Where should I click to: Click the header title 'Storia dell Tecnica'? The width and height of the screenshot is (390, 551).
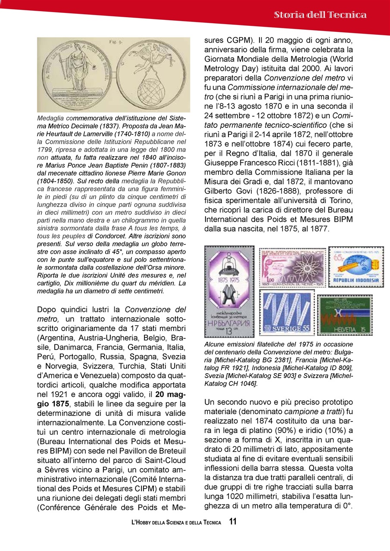pos(320,15)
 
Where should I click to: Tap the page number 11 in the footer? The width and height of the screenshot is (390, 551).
pos(233,522)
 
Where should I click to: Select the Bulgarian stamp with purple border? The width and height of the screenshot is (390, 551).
pos(229,291)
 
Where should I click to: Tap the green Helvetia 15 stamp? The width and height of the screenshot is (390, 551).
pos(345,315)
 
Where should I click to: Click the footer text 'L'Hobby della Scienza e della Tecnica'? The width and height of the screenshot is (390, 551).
pos(176,523)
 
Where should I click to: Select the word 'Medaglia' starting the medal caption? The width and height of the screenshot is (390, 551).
pos(49,118)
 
